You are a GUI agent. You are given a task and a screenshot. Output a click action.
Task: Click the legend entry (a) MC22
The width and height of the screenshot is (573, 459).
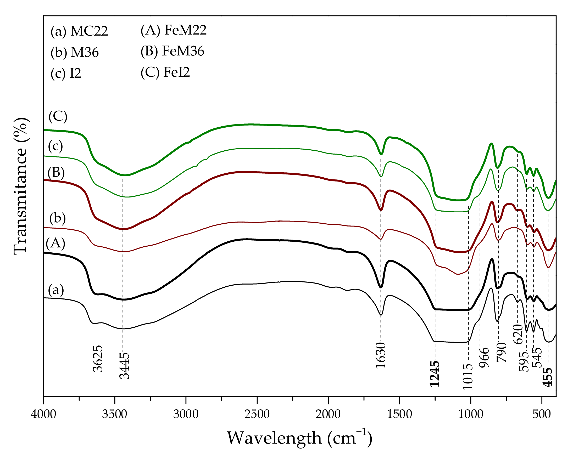pos(79,31)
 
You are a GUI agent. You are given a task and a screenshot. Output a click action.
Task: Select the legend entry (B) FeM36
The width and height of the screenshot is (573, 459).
pos(172,51)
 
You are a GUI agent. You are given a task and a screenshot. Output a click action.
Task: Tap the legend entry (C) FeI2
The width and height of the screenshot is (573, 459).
pos(165,72)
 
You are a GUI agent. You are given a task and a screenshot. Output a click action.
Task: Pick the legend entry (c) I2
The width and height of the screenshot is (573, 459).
pos(66,73)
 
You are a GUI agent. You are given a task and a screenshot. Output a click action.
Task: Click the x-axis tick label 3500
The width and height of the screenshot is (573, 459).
pos(115,414)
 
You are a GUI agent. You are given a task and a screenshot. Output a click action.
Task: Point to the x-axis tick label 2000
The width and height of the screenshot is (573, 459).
pos(328,414)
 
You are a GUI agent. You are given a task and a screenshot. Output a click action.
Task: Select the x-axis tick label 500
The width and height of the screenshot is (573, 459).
pos(542,414)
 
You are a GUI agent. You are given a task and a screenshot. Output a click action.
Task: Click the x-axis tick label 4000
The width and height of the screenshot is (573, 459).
pos(44,414)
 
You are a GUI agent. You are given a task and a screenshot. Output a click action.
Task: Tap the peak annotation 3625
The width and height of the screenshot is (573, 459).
pos(98,358)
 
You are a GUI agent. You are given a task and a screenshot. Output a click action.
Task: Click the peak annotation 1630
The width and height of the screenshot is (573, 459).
pos(381,355)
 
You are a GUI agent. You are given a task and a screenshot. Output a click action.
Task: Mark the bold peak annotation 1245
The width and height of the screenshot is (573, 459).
pos(435,373)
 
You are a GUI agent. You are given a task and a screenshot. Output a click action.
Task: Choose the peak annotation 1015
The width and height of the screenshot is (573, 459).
pos(468,376)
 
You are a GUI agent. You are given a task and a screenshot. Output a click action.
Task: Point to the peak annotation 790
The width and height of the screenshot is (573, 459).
pos(502,353)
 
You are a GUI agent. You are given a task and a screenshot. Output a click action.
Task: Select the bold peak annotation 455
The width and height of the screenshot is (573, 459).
pos(548,377)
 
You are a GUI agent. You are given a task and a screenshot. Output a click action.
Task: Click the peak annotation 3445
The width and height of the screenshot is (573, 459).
pos(124,366)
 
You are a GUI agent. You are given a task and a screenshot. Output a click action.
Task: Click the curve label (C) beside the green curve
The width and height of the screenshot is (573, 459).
pos(58,116)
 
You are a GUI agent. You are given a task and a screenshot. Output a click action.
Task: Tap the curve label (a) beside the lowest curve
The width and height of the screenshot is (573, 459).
pos(56,290)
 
